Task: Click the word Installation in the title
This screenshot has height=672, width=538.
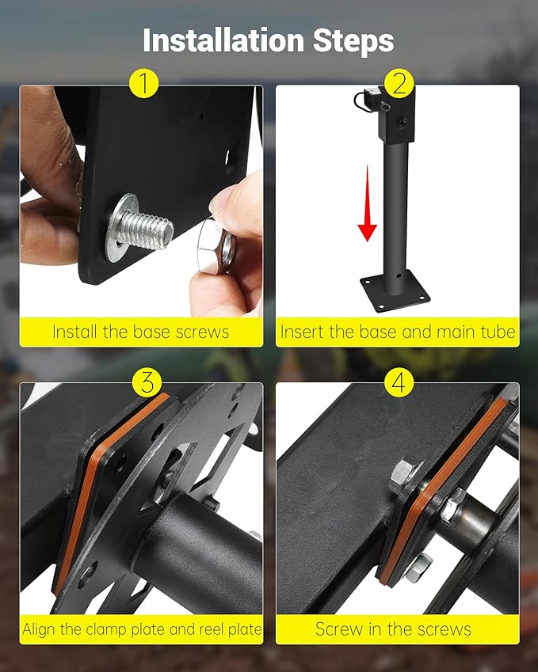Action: click(223, 40)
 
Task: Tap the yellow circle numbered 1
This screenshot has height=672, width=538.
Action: click(144, 83)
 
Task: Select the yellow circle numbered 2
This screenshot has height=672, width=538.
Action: click(399, 83)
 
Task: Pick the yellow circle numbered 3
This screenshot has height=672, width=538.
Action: click(147, 381)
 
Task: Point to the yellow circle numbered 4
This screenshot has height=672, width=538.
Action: click(399, 381)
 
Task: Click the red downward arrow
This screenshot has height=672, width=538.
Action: click(367, 203)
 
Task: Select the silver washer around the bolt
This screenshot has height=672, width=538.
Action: click(121, 227)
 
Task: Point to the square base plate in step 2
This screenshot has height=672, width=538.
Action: click(395, 291)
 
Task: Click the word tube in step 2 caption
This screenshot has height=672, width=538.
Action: click(498, 332)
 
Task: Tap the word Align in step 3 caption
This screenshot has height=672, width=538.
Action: click(40, 629)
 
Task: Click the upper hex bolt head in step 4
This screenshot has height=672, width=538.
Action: click(405, 476)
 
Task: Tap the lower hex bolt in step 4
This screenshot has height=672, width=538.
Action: click(420, 568)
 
